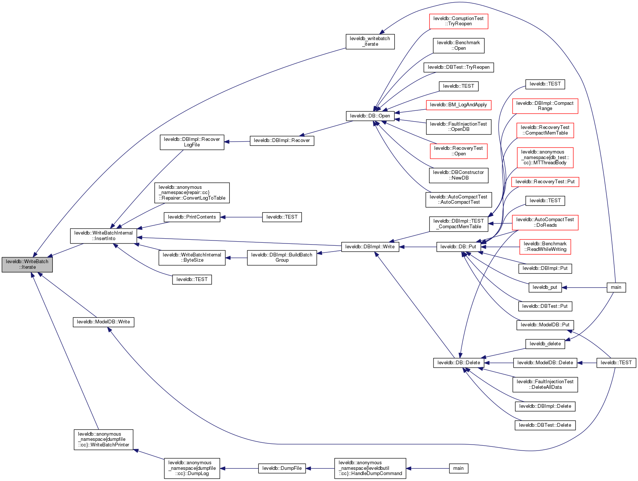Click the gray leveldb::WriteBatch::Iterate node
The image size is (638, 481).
tap(27, 264)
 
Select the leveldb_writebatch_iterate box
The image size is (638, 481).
tap(370, 41)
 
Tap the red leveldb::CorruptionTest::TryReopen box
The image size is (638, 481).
tap(458, 21)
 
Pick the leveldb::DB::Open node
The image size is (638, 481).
tap(370, 116)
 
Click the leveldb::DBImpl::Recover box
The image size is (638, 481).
tap(282, 141)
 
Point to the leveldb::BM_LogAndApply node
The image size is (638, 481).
tap(458, 105)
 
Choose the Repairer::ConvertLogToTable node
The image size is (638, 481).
tap(192, 193)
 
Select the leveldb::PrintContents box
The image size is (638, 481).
tap(192, 217)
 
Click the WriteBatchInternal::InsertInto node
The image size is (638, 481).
tap(103, 236)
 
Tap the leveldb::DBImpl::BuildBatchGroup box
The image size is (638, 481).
tap(282, 257)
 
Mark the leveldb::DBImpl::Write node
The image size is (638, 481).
tap(370, 247)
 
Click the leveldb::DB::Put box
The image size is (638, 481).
tap(458, 247)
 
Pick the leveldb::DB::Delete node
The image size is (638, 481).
tap(459, 363)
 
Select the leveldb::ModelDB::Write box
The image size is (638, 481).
tap(103, 322)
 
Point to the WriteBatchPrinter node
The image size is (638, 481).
tap(103, 439)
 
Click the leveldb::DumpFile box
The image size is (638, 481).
tap(282, 468)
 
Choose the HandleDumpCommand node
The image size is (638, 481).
tap(370, 468)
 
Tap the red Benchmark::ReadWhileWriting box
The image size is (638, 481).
tap(545, 246)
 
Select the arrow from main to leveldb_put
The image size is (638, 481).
tap(584, 287)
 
